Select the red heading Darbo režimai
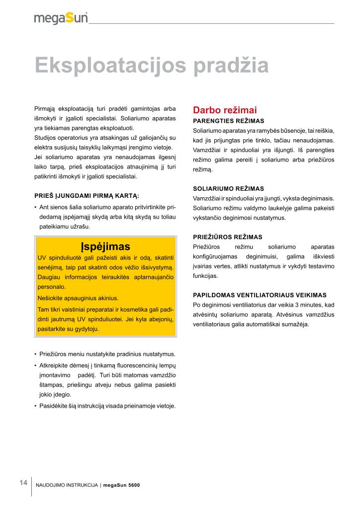(225, 110)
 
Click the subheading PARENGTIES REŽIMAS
(228, 121)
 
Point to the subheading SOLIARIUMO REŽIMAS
(228, 189)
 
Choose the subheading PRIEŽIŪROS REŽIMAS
(228, 237)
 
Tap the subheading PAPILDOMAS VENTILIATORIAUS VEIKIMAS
(260, 295)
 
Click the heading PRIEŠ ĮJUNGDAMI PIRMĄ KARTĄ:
(87, 195)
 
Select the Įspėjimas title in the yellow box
(105, 247)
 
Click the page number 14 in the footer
(23, 483)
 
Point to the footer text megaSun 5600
(122, 485)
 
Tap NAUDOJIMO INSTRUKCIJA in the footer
(67, 485)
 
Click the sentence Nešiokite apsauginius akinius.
(78, 298)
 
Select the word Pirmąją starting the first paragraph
(44, 109)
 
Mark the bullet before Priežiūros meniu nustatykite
(35, 354)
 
